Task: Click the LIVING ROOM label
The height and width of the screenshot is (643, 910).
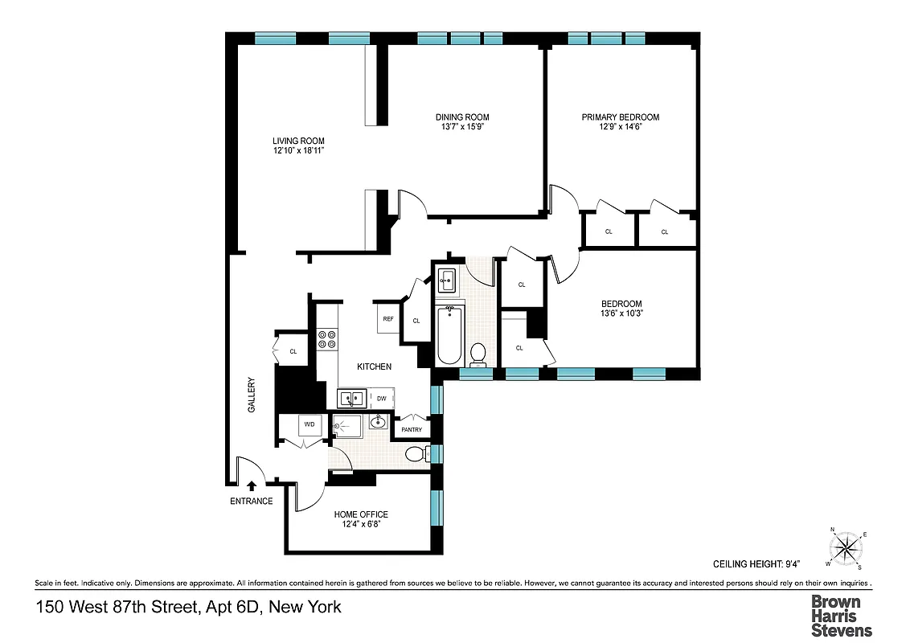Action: pyautogui.click(x=298, y=141)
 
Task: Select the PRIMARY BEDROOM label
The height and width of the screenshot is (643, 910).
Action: pyautogui.click(x=620, y=117)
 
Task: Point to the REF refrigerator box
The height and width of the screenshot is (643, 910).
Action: pyautogui.click(x=388, y=318)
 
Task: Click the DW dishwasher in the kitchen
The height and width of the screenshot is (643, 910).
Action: pyautogui.click(x=382, y=398)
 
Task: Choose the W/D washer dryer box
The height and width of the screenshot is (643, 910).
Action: pyautogui.click(x=309, y=423)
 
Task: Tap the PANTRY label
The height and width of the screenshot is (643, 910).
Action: pyautogui.click(x=411, y=430)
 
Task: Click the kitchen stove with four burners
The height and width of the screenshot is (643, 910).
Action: pyautogui.click(x=327, y=339)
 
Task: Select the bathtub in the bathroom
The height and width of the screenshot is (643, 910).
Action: pyautogui.click(x=449, y=334)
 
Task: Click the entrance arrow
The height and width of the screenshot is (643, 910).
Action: pyautogui.click(x=252, y=485)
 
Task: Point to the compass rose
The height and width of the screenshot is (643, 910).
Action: pyautogui.click(x=845, y=550)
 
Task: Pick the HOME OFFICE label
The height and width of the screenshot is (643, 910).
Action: pyautogui.click(x=361, y=514)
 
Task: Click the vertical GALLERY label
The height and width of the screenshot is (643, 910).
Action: pyautogui.click(x=252, y=395)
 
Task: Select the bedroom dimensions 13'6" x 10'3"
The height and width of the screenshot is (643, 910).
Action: pyautogui.click(x=621, y=314)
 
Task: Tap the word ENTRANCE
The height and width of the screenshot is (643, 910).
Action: pyautogui.click(x=252, y=502)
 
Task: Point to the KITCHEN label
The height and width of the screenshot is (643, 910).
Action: pyautogui.click(x=375, y=367)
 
